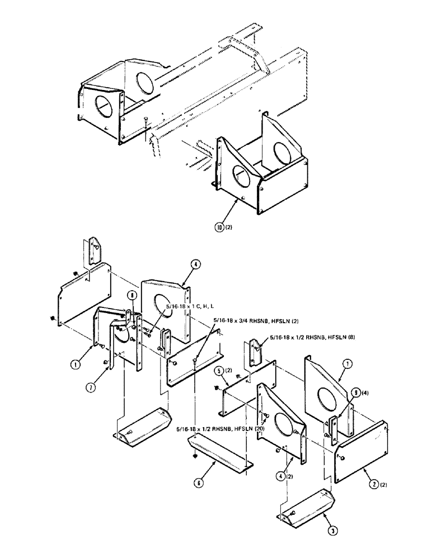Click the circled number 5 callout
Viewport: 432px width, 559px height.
220,369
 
